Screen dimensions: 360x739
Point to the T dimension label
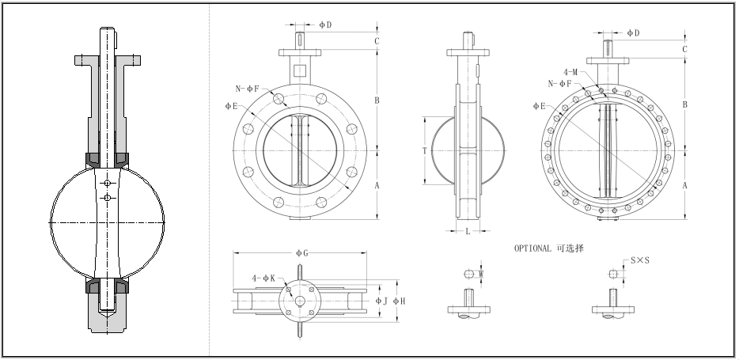point(425,150)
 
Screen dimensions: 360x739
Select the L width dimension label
point(468,231)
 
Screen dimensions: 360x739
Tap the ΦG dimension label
point(301,252)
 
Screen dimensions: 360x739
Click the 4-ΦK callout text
point(263,279)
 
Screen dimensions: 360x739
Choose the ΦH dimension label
point(401,301)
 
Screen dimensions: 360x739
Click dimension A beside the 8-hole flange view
point(377,184)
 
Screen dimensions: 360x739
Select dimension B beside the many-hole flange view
point(684,104)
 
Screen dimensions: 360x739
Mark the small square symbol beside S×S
point(615,274)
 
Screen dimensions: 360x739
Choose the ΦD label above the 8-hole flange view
point(325,25)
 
